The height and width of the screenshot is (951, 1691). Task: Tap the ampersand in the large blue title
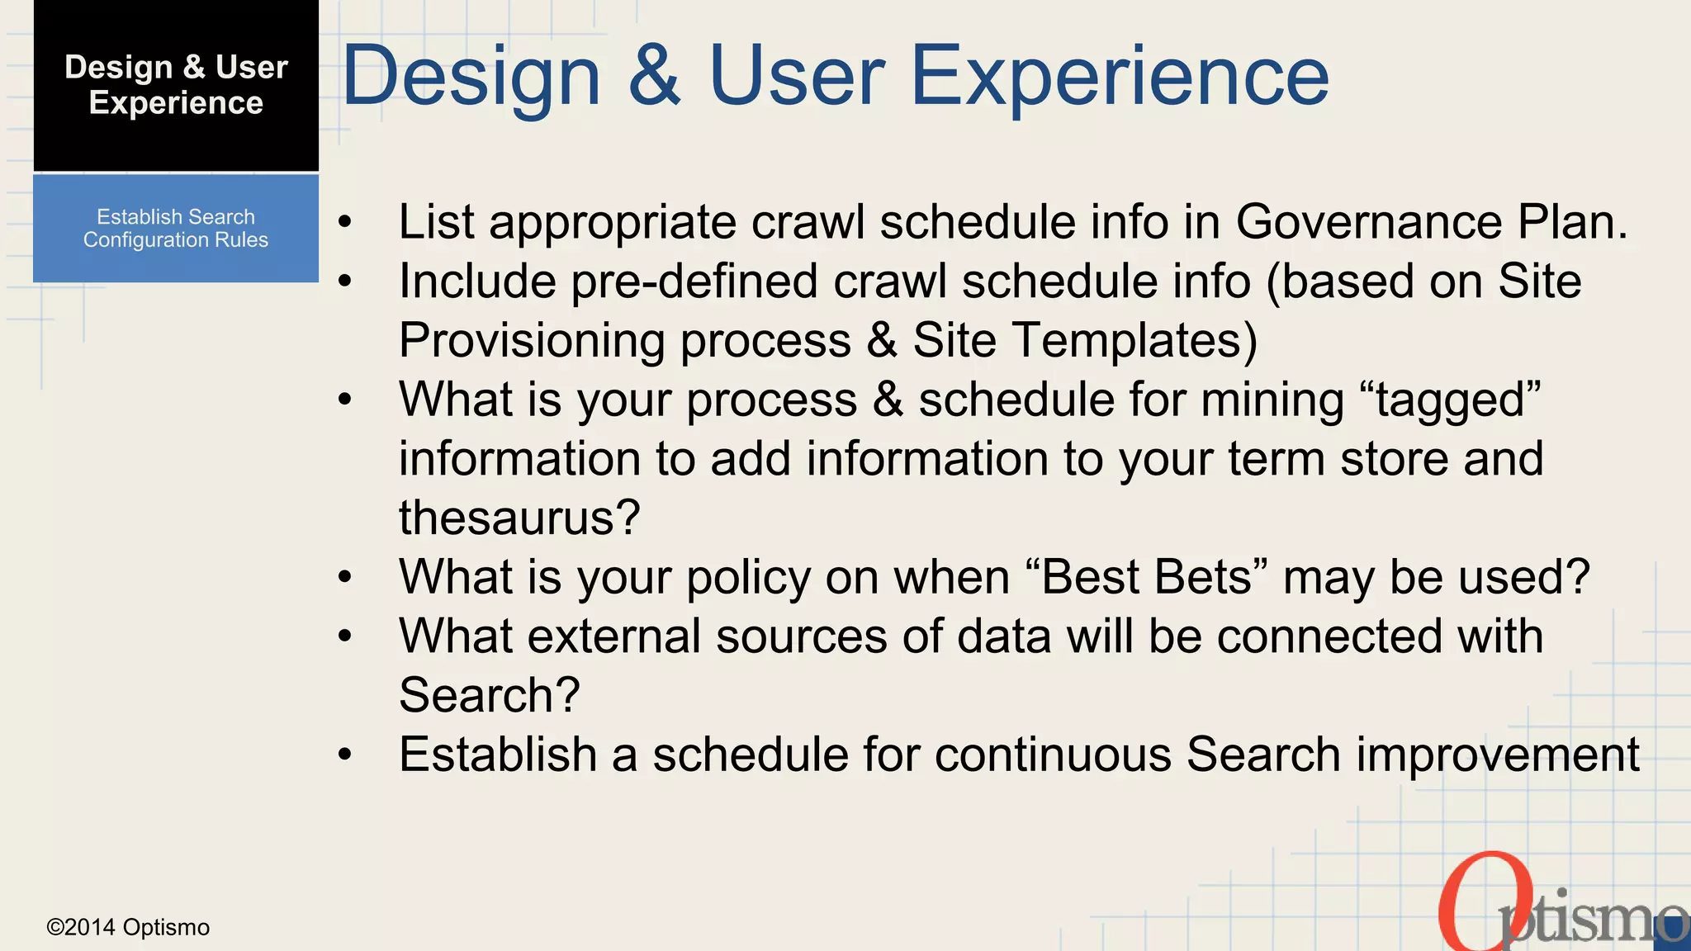[x=654, y=76]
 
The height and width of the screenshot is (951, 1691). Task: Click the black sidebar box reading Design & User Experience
[x=176, y=86]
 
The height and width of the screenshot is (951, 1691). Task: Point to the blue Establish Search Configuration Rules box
[x=176, y=229]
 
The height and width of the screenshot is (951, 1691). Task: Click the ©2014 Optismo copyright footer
[x=128, y=927]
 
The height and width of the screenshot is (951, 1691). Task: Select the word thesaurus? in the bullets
[x=519, y=518]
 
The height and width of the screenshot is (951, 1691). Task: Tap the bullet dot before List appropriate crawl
[x=345, y=222]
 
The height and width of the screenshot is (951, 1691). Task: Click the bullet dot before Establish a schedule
[x=345, y=755]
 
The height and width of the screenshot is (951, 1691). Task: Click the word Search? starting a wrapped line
[x=489, y=695]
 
